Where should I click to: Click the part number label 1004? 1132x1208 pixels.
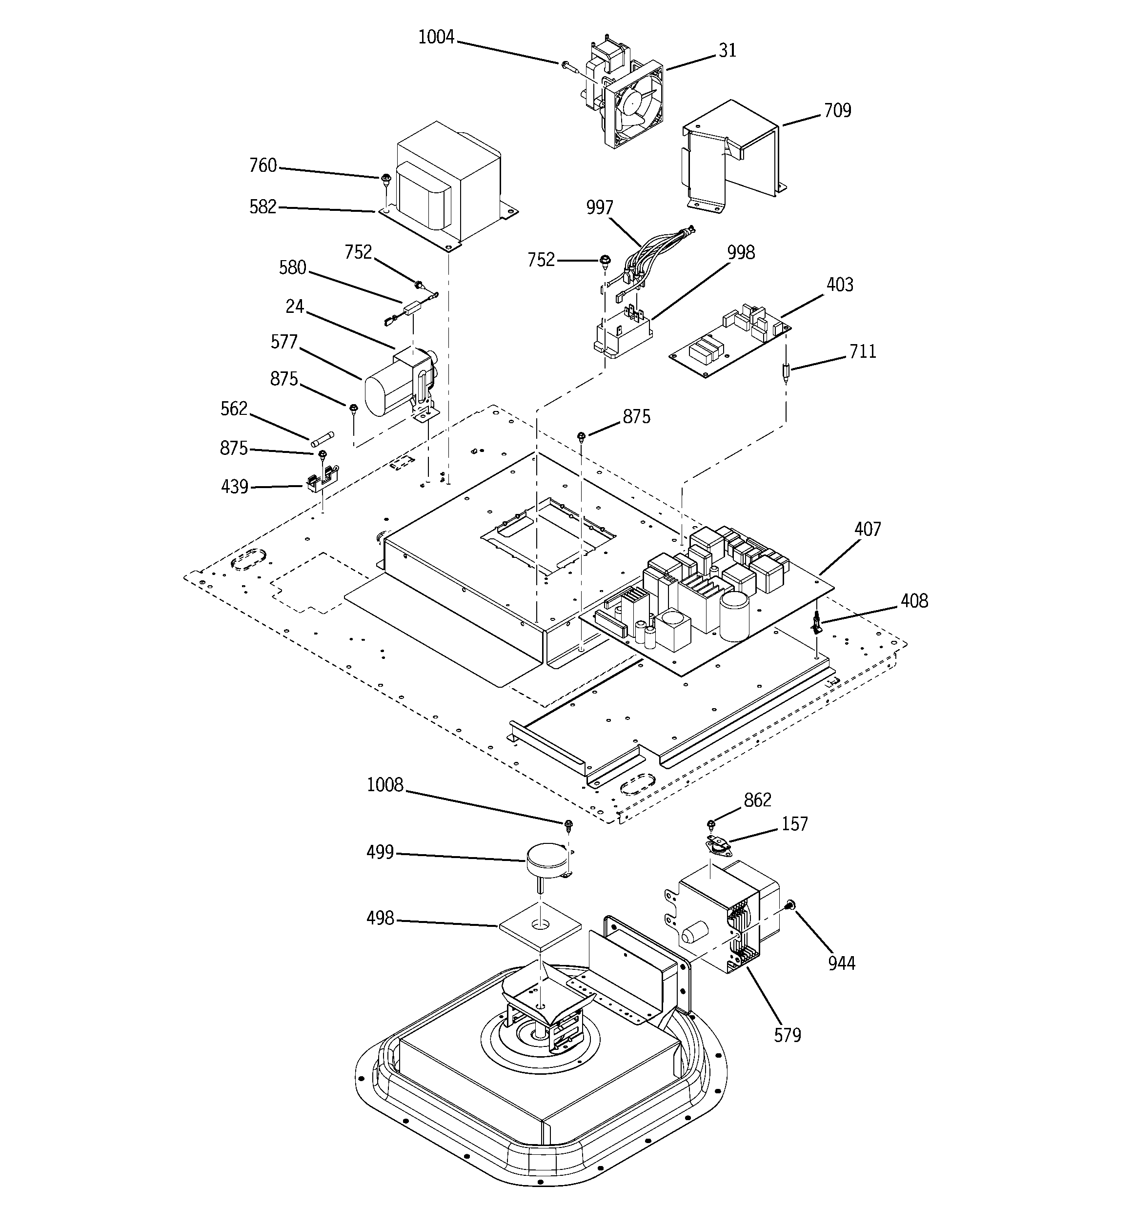tap(436, 38)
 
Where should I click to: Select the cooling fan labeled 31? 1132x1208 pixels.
tap(632, 103)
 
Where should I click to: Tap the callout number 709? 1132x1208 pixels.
tap(837, 111)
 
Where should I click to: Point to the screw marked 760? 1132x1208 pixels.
tap(385, 179)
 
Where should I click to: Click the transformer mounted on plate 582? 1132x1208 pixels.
tap(450, 182)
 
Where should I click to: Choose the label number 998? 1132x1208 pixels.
tap(741, 252)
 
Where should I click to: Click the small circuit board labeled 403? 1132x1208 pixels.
tap(729, 340)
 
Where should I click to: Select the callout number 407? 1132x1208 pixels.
tap(867, 529)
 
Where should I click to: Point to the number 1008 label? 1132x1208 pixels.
tap(384, 785)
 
